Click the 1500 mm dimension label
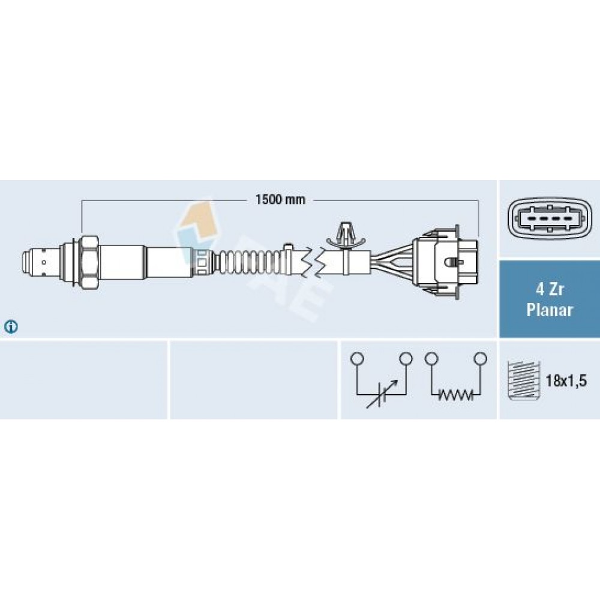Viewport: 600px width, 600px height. click(280, 199)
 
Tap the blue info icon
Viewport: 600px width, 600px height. click(11, 327)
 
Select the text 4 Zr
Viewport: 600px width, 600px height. click(549, 289)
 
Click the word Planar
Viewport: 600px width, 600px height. click(550, 310)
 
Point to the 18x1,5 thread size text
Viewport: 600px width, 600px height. click(566, 381)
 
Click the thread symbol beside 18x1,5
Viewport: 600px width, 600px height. click(523, 380)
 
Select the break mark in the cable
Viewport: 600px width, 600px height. click(313, 262)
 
